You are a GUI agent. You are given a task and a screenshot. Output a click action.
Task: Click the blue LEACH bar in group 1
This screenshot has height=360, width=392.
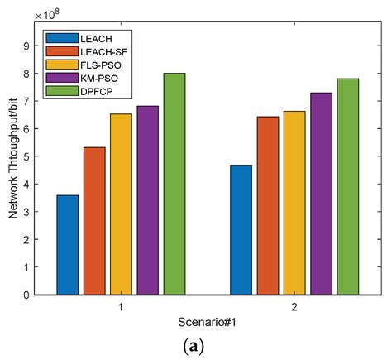pyautogui.click(x=67, y=245)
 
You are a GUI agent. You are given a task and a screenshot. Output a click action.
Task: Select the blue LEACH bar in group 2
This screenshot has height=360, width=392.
pyautogui.click(x=241, y=230)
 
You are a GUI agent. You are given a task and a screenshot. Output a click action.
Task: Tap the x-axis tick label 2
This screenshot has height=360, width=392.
pyautogui.click(x=294, y=305)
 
